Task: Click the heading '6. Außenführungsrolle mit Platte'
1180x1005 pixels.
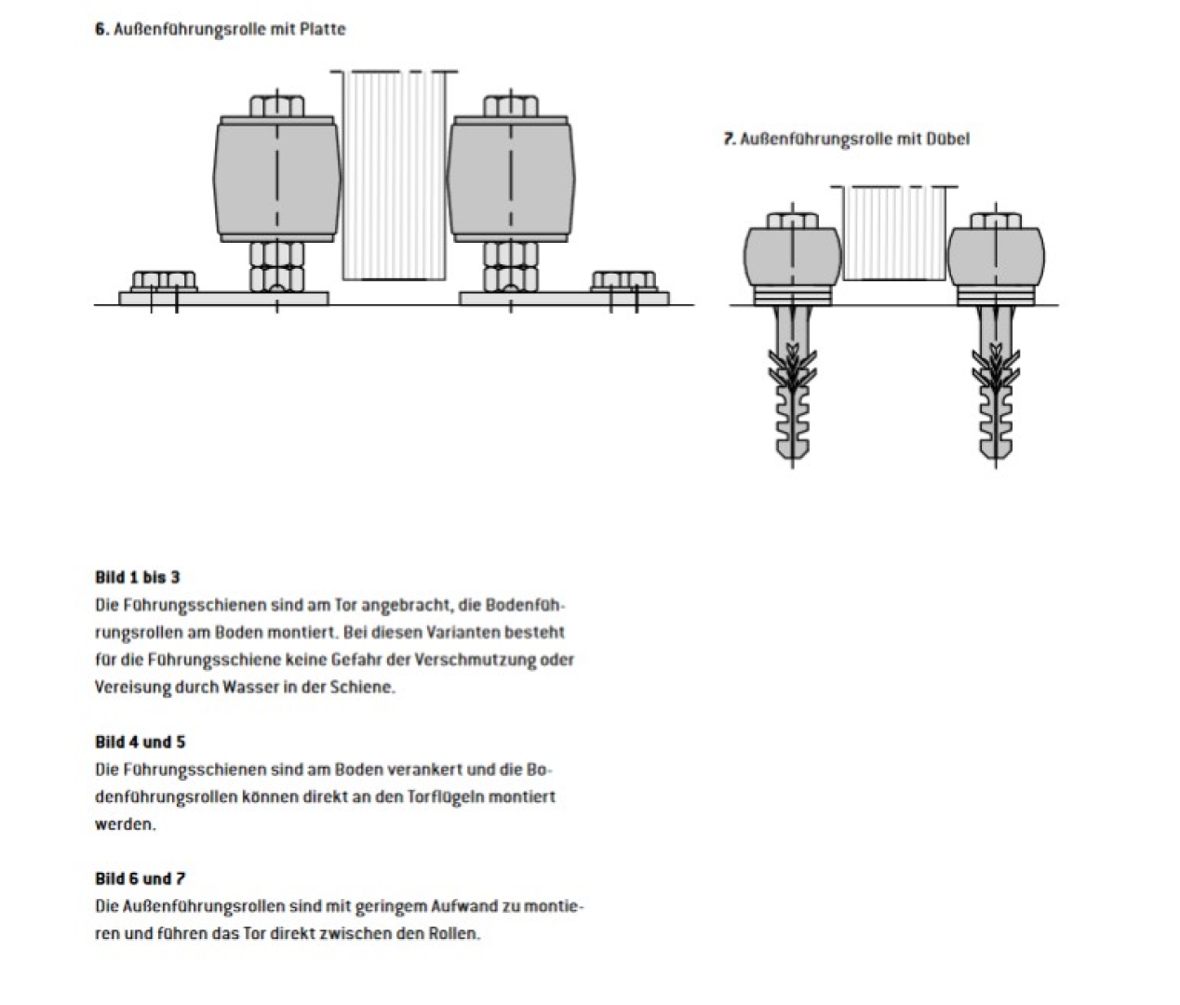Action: [220, 29]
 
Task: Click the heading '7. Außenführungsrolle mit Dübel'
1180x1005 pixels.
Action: [847, 139]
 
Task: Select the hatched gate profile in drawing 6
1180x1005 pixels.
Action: [394, 175]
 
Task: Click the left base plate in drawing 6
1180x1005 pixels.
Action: [223, 298]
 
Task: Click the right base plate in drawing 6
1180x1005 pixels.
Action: [564, 298]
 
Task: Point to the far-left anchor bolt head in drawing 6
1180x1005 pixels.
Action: [163, 280]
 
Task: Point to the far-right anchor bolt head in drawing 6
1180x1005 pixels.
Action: [624, 280]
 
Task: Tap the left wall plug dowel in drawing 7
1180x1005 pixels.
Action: [791, 391]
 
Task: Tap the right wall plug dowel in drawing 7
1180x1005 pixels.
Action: [996, 391]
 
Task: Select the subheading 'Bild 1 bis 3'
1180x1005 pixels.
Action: [138, 577]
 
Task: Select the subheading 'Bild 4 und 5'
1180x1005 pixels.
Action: [140, 742]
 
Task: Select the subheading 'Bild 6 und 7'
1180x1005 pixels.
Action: [140, 878]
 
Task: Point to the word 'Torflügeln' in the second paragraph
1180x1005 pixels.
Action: [446, 797]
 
